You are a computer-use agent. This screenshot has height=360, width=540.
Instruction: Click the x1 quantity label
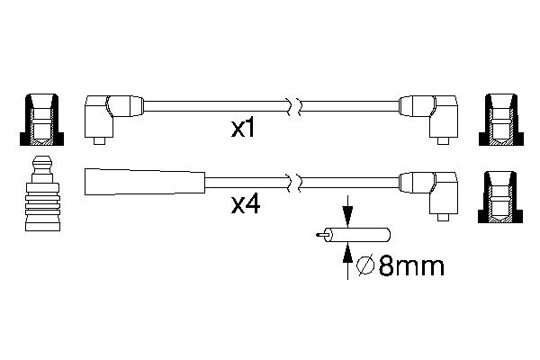[242, 129]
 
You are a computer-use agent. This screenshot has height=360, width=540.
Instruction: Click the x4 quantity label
[246, 205]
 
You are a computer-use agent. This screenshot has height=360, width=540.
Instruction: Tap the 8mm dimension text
[411, 266]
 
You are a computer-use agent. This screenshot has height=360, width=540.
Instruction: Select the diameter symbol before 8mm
[365, 266]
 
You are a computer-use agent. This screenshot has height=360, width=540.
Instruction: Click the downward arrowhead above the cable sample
[347, 216]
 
